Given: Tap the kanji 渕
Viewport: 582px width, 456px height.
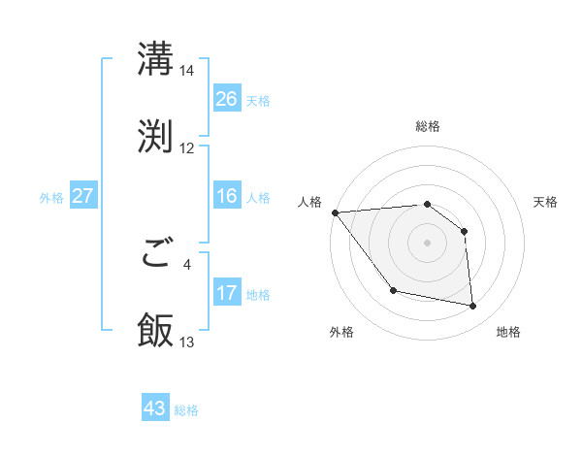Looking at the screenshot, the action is pyautogui.click(x=155, y=135).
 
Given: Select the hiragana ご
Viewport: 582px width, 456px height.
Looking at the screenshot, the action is pyautogui.click(x=155, y=255).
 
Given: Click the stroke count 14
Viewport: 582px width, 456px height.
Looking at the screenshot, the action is pyautogui.click(x=186, y=71).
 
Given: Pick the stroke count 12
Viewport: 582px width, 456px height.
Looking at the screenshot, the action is pyautogui.click(x=186, y=148).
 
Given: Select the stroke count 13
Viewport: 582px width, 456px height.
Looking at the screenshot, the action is pyautogui.click(x=186, y=342).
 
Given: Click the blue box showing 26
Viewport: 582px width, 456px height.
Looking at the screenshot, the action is pyautogui.click(x=227, y=99).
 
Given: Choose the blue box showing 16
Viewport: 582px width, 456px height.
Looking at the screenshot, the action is pyautogui.click(x=227, y=197).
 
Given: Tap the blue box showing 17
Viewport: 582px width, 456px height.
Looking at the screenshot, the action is pyautogui.click(x=227, y=293).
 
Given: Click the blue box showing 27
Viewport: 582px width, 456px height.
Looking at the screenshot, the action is pyautogui.click(x=83, y=196).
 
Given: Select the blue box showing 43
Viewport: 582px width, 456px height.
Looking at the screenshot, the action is pyautogui.click(x=155, y=409).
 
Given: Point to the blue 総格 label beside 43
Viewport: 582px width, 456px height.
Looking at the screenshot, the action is pyautogui.click(x=186, y=410).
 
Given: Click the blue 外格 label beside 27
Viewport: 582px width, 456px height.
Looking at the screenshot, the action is pyautogui.click(x=51, y=197).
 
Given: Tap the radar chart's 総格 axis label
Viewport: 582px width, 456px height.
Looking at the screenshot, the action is pyautogui.click(x=427, y=126).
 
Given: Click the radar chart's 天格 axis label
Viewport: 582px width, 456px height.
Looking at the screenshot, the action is pyautogui.click(x=545, y=202).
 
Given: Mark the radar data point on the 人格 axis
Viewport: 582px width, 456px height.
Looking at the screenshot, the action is pyautogui.click(x=335, y=212).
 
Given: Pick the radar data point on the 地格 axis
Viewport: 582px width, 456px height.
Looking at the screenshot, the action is pyautogui.click(x=473, y=307).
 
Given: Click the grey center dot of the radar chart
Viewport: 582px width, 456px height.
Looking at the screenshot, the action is pyautogui.click(x=427, y=243).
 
